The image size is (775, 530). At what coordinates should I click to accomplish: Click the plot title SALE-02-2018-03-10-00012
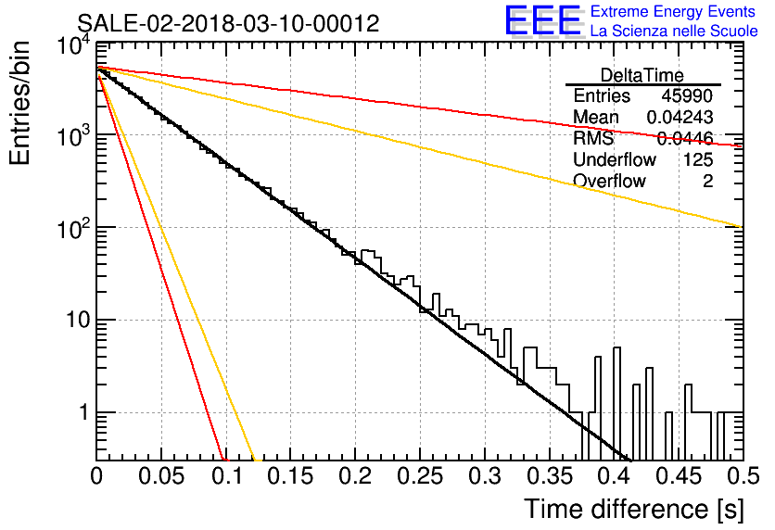(x=228, y=23)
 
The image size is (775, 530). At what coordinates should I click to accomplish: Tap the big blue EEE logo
(x=542, y=20)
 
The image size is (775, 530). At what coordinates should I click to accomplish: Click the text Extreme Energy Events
(x=673, y=11)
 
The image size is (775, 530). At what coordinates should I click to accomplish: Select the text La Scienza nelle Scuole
(x=674, y=32)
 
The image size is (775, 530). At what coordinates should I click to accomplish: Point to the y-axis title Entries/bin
(x=19, y=104)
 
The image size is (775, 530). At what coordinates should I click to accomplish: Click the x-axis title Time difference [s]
(x=634, y=509)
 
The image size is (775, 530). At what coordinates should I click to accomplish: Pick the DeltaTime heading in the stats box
(x=642, y=75)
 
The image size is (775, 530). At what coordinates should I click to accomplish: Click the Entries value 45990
(x=687, y=95)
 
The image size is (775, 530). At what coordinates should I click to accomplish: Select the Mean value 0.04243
(x=680, y=117)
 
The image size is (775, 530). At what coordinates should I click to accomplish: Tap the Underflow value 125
(x=698, y=159)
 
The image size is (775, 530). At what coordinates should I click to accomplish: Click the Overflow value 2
(x=707, y=182)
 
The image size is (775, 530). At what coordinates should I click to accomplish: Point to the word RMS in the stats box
(x=593, y=138)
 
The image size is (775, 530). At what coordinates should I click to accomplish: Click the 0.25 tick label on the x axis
(x=420, y=476)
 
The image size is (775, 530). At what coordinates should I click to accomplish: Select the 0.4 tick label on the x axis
(x=614, y=476)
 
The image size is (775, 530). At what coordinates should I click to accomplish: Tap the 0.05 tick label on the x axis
(x=161, y=476)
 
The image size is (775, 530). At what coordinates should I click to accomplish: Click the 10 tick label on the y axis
(x=78, y=320)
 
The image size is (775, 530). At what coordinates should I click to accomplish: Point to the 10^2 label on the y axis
(x=73, y=229)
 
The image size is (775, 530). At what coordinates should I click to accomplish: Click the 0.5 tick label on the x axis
(x=743, y=476)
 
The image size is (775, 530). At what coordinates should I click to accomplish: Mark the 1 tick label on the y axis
(x=84, y=412)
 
